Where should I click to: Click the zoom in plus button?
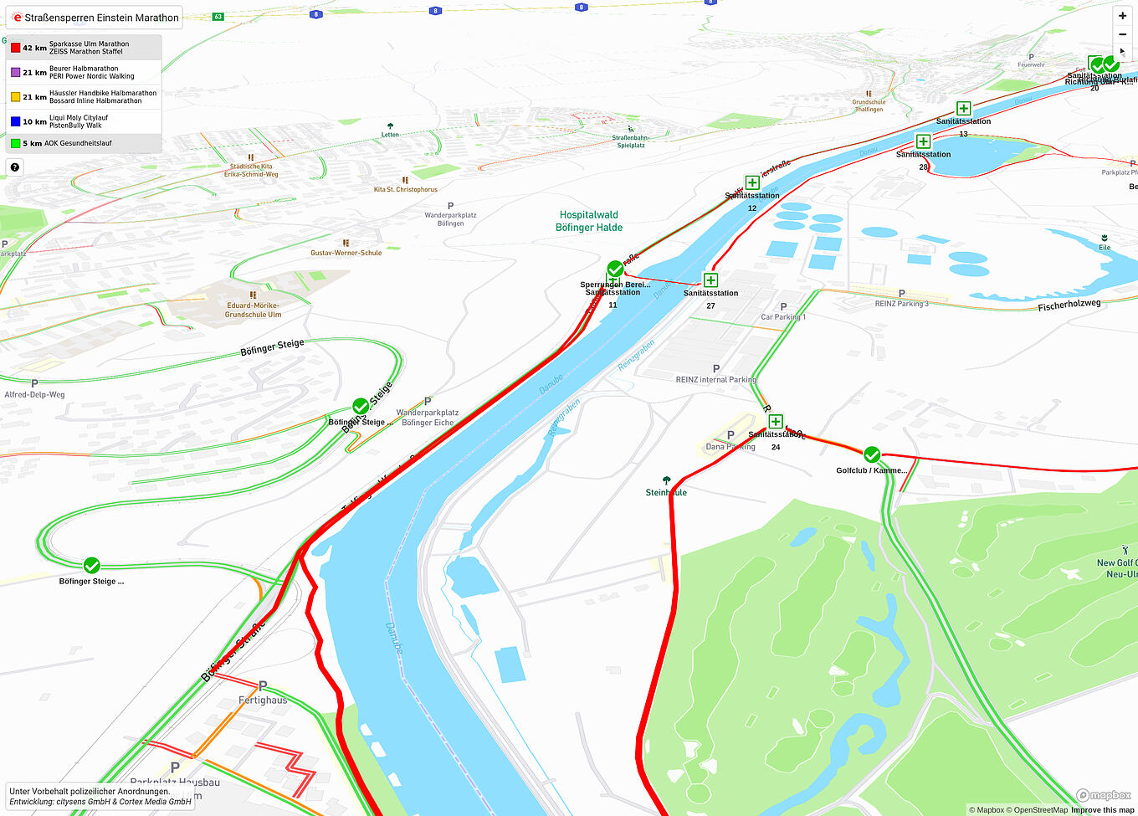coord(1122,16)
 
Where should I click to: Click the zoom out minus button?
coord(1122,34)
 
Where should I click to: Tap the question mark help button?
coord(14,167)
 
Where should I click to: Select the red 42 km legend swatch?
coord(15,48)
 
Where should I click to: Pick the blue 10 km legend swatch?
coord(15,121)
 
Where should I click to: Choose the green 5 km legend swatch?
coord(15,143)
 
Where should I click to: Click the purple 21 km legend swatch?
coord(15,73)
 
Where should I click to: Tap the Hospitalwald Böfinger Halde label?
coord(589,221)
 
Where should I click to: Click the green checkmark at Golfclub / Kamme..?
coord(872,454)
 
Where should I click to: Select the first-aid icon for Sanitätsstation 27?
coord(710,280)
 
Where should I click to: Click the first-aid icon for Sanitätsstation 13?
coord(963,109)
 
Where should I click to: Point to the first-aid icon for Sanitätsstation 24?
coord(776,422)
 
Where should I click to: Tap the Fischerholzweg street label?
coord(1069,305)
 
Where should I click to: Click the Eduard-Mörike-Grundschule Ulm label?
coord(253,310)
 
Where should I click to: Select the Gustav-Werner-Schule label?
coord(346,253)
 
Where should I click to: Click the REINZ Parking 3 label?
coord(901,303)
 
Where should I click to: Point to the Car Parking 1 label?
coord(783,317)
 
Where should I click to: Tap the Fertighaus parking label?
coord(263,700)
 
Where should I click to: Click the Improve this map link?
coord(1102,809)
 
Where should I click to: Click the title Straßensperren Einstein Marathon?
coord(100,18)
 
